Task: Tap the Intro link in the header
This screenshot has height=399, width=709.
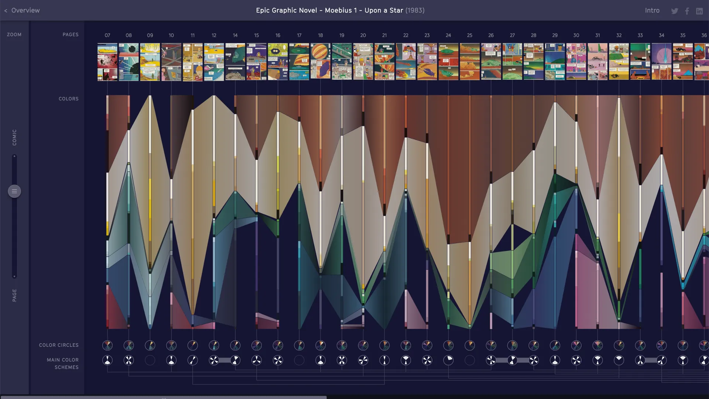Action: pos(652,10)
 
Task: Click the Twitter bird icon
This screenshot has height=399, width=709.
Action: pos(675,11)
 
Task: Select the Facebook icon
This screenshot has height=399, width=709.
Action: pos(687,11)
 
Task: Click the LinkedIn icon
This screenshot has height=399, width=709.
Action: pos(699,11)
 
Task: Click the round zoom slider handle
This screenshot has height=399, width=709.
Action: pos(14,191)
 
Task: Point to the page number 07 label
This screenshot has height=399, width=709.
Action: pos(107,35)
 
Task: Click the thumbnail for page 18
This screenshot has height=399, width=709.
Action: pos(321,61)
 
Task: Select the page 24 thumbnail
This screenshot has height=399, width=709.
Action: pos(448,61)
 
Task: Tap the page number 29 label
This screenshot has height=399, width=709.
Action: pos(555,35)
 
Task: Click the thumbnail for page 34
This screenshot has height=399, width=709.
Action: pos(661,61)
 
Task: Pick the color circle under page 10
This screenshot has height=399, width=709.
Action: pos(171,345)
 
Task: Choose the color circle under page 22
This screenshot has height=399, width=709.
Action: pos(406,345)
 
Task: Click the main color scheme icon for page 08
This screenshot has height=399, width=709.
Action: pos(129,360)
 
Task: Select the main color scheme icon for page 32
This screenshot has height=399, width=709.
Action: pos(619,360)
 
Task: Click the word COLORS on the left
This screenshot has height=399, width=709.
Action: pos(69,99)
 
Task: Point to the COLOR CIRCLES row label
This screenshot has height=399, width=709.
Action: pos(59,345)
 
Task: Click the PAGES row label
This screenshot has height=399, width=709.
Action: pos(71,35)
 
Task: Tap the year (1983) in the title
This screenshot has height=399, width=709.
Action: pos(415,10)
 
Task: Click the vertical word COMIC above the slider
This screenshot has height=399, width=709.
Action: pos(14,137)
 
